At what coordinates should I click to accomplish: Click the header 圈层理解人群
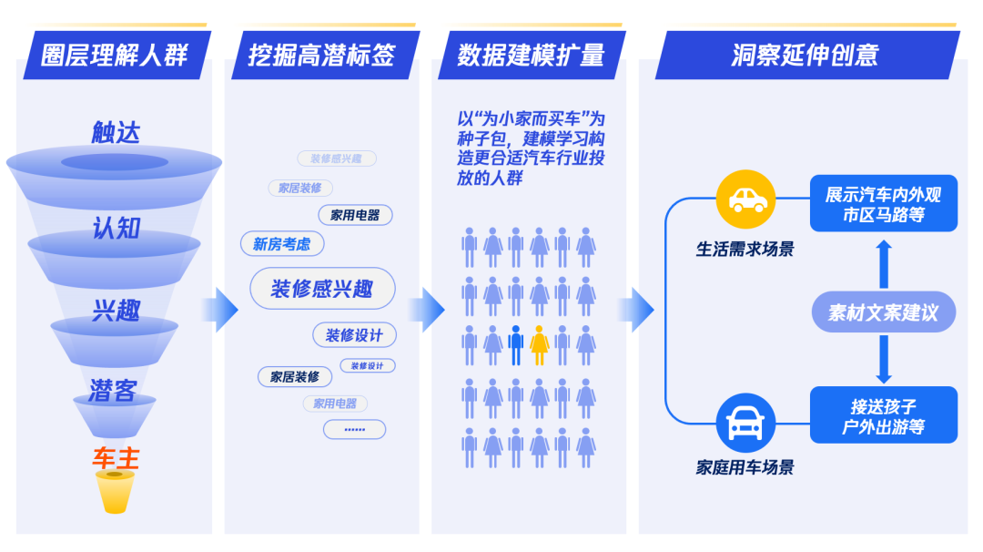(115, 55)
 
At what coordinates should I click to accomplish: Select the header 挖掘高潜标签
(321, 55)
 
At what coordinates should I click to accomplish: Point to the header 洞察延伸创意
(805, 55)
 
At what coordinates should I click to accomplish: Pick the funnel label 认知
(116, 228)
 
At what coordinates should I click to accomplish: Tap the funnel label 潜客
(114, 391)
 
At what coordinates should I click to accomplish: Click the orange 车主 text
(116, 457)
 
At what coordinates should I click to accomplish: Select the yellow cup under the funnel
(116, 491)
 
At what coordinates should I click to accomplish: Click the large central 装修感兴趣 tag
(322, 289)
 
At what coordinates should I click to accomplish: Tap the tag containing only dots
(354, 429)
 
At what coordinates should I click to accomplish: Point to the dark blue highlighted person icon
(516, 345)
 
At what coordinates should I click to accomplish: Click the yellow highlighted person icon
(539, 345)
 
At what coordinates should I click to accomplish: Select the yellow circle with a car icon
(744, 200)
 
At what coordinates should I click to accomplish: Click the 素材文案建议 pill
(883, 312)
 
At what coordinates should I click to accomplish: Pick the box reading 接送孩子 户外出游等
(883, 415)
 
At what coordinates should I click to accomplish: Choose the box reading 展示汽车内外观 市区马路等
(883, 204)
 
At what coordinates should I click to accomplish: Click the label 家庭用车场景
(745, 468)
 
